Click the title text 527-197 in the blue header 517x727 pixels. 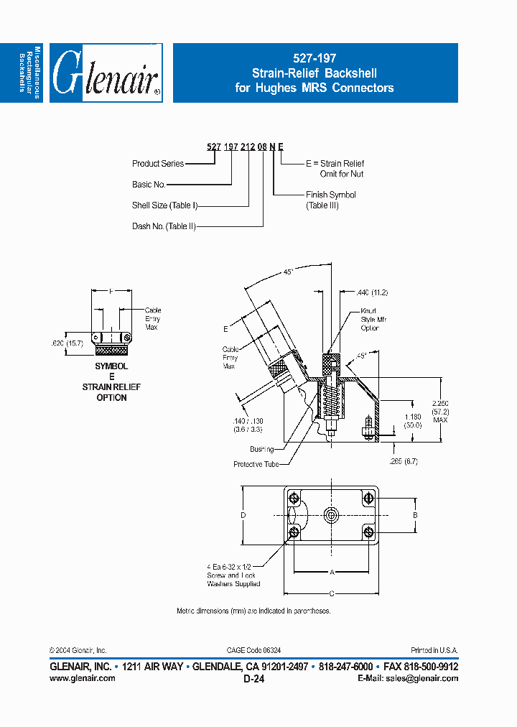(x=315, y=59)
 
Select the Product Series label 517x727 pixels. (x=158, y=164)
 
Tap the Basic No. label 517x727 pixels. (x=149, y=185)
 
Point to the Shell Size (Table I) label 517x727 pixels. (x=164, y=205)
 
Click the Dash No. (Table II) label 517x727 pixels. (x=164, y=226)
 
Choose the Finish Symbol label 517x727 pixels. (x=330, y=195)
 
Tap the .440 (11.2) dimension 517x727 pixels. (x=372, y=292)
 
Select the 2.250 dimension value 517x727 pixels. (x=440, y=403)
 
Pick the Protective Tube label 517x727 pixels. (x=256, y=464)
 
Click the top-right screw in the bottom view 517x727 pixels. (x=368, y=498)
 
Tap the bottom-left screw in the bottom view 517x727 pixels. (x=294, y=532)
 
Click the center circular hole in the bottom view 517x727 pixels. (x=331, y=514)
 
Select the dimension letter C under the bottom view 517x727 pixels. (x=332, y=593)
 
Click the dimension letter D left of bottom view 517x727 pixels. (x=243, y=515)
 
